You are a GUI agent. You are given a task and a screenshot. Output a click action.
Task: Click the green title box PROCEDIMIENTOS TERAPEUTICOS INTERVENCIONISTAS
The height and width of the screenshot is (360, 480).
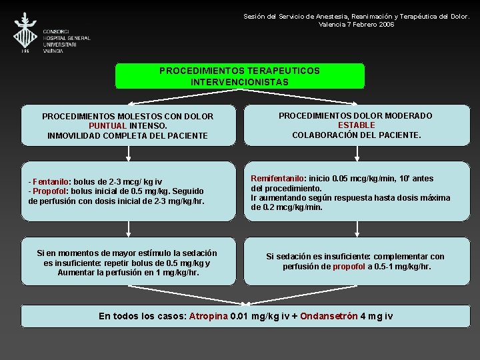click(x=240, y=76)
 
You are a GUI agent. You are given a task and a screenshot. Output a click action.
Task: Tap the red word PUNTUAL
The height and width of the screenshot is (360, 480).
click(x=107, y=125)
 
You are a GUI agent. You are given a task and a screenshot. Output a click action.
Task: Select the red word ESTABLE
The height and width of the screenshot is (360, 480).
click(x=356, y=125)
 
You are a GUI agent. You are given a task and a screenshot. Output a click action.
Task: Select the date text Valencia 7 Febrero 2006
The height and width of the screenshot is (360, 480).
click(x=357, y=24)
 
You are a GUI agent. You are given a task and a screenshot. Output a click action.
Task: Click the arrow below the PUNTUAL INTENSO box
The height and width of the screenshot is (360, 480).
click(x=128, y=153)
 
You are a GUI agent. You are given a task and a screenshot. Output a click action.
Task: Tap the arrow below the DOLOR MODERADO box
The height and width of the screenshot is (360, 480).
click(x=358, y=153)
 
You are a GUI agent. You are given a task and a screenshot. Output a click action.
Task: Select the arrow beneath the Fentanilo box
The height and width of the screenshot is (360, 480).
click(x=128, y=229)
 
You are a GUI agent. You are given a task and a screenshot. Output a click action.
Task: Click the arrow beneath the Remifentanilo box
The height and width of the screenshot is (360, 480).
click(x=358, y=229)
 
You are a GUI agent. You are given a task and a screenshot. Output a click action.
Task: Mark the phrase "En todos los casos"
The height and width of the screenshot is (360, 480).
click(x=142, y=316)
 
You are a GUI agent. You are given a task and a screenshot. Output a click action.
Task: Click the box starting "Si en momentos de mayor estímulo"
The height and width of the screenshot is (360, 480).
click(x=128, y=263)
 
